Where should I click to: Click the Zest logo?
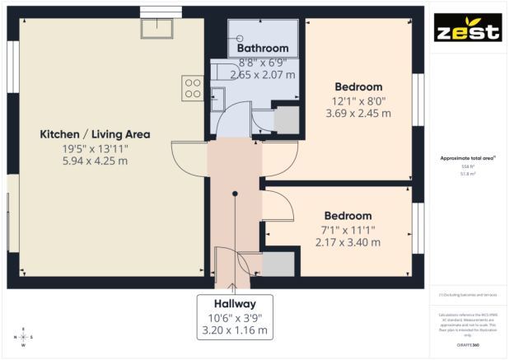tap(468, 29)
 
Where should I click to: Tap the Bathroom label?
tap(263, 49)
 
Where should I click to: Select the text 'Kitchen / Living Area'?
tap(96, 134)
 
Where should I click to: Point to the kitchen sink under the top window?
tap(156, 29)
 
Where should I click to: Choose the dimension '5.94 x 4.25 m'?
tap(96, 161)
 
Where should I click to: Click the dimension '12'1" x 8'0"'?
tap(358, 101)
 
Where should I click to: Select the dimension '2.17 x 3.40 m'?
tap(347, 242)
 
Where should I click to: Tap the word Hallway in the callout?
tap(234, 303)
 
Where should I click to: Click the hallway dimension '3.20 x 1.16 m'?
tap(234, 330)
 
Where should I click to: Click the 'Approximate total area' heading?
tap(467, 157)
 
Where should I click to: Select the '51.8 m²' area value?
tap(467, 174)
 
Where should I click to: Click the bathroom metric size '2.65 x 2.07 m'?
tap(263, 75)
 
